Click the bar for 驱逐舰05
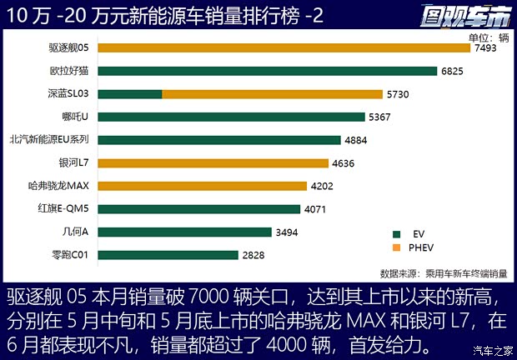tap(284, 48)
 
